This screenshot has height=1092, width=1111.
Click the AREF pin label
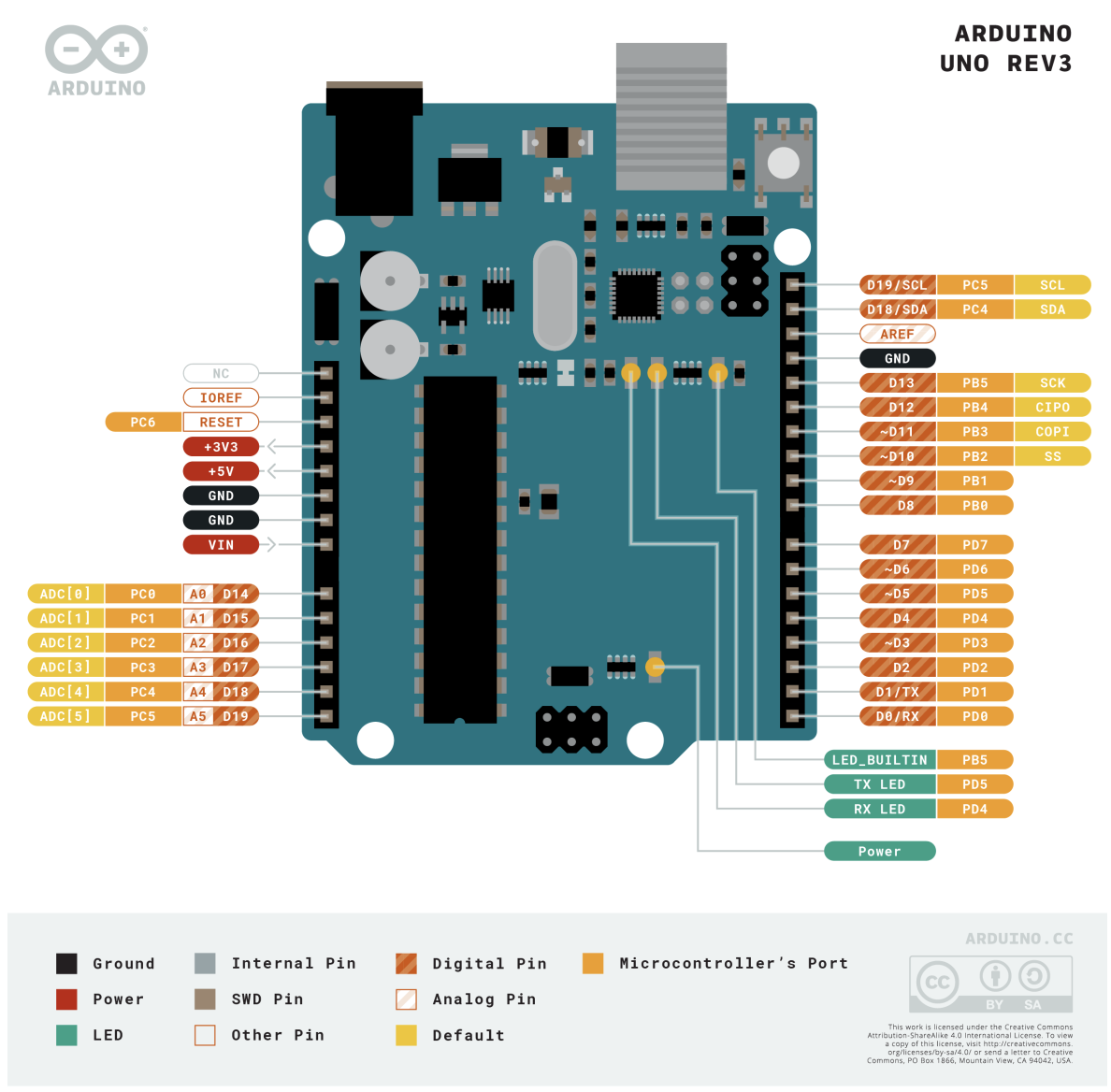[897, 334]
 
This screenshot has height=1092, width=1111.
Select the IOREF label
[221, 397]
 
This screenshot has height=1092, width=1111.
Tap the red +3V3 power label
[221, 447]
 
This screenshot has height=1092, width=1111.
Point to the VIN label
[221, 544]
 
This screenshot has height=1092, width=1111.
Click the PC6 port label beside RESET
[143, 423]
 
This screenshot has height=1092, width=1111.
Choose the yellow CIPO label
[1052, 408]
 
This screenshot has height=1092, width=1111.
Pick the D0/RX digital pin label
[898, 716]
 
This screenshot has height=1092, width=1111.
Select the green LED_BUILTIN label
[879, 760]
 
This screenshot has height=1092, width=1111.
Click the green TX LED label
[879, 784]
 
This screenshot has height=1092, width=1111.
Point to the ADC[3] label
[65, 668]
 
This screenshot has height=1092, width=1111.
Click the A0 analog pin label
[198, 594]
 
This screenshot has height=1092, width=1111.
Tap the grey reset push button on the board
[784, 164]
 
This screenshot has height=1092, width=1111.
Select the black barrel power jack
[374, 150]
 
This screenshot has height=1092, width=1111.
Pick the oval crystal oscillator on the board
[555, 295]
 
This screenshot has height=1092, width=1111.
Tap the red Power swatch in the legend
[66, 999]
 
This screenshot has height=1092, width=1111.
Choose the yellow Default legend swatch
[406, 1035]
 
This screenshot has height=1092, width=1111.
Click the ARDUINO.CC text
[1019, 939]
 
